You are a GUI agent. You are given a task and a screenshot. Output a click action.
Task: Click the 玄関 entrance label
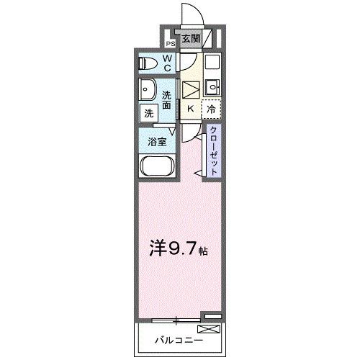190,39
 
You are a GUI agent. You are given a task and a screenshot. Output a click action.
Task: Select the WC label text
166,63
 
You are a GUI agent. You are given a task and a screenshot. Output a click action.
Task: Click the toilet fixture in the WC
148,63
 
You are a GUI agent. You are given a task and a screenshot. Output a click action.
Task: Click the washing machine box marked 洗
148,112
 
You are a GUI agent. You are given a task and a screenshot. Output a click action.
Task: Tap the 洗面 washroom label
166,100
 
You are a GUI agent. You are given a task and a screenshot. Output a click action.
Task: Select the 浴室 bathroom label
158,142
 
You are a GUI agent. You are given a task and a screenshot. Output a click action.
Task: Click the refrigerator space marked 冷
212,109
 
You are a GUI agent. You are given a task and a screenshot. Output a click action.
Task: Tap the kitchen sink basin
212,89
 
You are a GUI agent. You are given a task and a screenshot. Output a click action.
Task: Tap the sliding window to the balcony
177,318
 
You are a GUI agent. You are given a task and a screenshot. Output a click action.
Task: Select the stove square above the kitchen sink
211,63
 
